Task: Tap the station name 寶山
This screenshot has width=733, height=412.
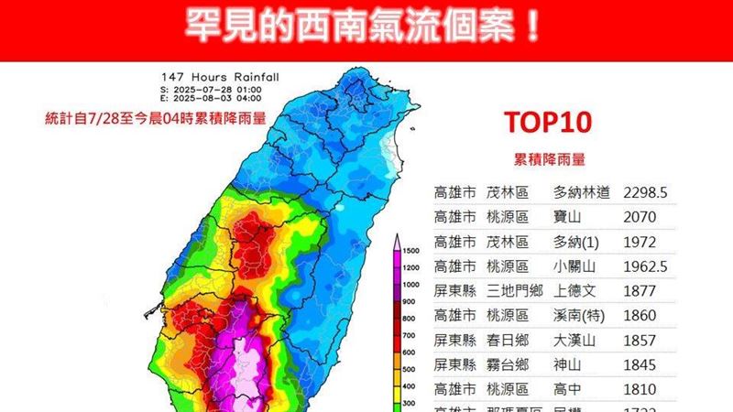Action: click(x=568, y=218)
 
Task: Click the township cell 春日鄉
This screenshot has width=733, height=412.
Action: click(x=509, y=342)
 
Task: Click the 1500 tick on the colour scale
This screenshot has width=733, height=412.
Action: click(x=411, y=250)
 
